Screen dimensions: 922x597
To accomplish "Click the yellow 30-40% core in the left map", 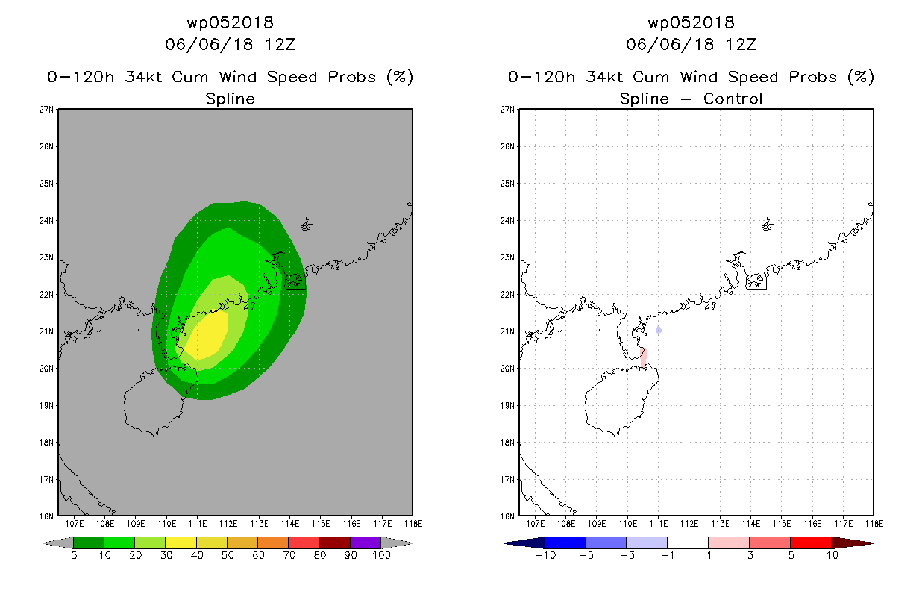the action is (x=208, y=336).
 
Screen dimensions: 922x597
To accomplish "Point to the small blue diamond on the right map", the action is (x=659, y=330).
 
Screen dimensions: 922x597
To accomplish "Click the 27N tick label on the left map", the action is (x=46, y=110).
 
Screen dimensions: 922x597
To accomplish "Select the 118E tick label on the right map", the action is (x=874, y=524).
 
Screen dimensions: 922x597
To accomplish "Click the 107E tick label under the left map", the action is (x=74, y=524).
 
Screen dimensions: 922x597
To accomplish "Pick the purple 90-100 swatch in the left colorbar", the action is (x=366, y=543).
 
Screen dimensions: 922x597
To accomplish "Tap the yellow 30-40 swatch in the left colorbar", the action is (x=181, y=543).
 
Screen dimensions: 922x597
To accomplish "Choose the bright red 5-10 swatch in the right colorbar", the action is (x=811, y=543).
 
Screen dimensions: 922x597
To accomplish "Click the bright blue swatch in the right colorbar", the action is (x=565, y=543).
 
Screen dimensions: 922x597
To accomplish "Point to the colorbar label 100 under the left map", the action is (x=381, y=555).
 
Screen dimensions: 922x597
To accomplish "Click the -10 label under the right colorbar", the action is (x=545, y=555).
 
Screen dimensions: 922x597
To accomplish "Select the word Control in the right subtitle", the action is (x=733, y=99).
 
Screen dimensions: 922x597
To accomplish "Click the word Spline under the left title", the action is (x=230, y=99).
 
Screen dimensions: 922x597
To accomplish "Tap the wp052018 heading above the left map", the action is (x=230, y=22).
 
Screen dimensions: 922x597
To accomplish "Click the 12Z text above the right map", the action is (x=741, y=44).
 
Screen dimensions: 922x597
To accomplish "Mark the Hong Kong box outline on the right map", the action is (x=756, y=281).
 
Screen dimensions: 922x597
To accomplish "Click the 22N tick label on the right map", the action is (x=507, y=294).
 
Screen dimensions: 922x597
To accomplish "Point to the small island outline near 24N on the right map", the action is (x=768, y=225).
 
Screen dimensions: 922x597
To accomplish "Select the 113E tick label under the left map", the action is (x=259, y=524).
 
